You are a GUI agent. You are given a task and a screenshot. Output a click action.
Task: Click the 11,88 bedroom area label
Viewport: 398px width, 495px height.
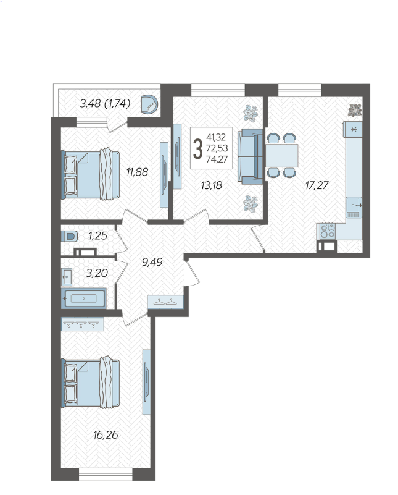tap(137, 172)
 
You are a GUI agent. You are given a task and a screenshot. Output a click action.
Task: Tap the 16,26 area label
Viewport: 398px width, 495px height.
tap(106, 435)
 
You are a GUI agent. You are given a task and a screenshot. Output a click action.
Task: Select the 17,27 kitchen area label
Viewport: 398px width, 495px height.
tap(317, 185)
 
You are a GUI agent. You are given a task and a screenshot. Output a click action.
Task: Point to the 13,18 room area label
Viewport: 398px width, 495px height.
tap(212, 185)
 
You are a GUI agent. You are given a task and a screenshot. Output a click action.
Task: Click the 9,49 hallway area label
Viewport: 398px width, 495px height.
tap(152, 261)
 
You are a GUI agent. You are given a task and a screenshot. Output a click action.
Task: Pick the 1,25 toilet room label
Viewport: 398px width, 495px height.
tap(97, 236)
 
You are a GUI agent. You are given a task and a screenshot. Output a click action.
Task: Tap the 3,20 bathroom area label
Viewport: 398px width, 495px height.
tap(97, 273)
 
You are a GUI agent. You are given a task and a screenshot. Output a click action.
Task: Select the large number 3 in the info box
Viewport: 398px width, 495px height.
tap(197, 149)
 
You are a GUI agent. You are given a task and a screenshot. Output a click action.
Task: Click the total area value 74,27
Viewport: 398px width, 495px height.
tap(217, 159)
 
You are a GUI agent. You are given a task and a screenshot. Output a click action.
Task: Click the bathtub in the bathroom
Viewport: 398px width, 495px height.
tap(83, 298)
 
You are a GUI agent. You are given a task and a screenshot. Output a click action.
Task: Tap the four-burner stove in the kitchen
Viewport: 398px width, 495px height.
tap(328, 231)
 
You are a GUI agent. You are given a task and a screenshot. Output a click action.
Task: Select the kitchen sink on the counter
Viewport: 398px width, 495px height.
tap(354, 205)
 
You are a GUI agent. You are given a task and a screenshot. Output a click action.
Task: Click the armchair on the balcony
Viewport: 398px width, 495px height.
tap(149, 104)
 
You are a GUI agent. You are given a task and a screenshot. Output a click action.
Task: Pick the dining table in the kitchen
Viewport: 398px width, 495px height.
tap(282, 155)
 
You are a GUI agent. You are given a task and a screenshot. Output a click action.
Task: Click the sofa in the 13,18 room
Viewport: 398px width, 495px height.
tap(250, 156)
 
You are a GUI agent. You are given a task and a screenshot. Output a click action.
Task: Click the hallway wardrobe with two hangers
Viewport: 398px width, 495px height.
tap(165, 302)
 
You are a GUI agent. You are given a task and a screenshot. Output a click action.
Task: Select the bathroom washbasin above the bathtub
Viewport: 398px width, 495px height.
tap(67, 277)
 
